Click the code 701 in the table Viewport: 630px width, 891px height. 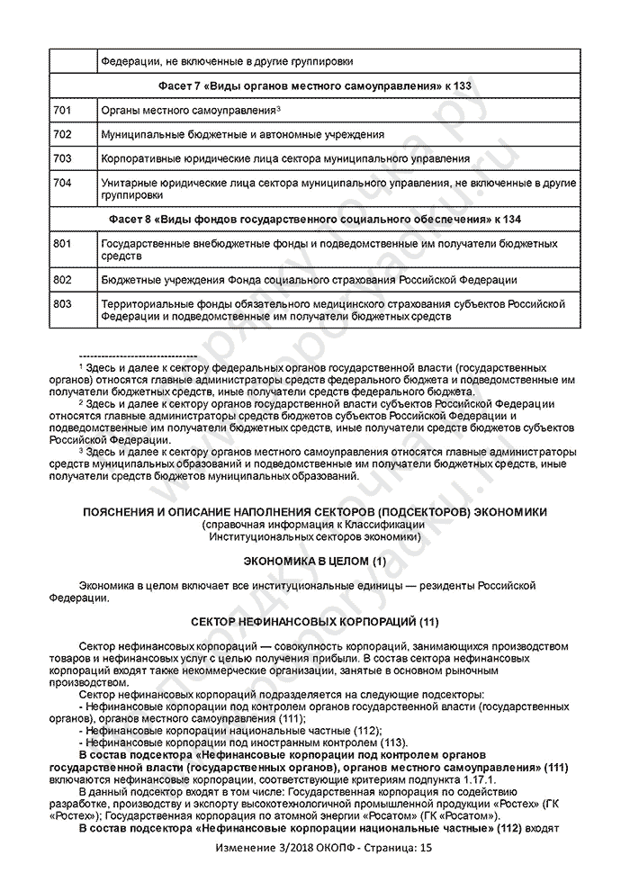[62, 110]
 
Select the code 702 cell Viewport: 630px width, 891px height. [62, 134]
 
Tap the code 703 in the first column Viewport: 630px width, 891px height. [62, 158]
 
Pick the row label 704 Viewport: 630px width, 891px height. [62, 183]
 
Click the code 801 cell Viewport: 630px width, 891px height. [62, 244]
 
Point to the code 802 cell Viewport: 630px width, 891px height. [62, 280]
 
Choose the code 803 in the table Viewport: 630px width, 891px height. [62, 304]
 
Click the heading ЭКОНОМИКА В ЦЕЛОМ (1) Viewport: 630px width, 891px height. [315, 561]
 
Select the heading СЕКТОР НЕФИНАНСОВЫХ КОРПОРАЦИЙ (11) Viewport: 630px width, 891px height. [315, 622]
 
